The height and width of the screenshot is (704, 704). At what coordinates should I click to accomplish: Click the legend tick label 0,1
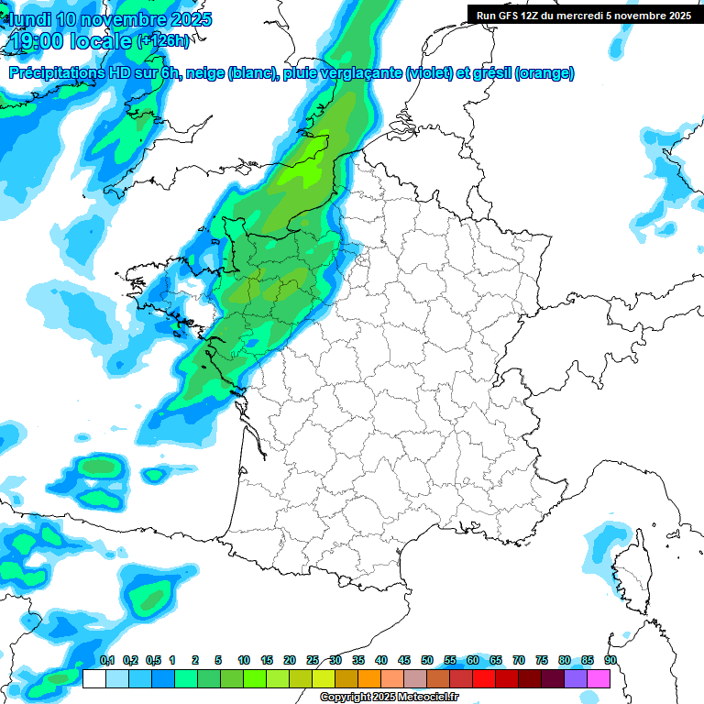pyautogui.click(x=107, y=660)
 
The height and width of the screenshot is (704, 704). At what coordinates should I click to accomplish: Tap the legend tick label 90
pyautogui.click(x=610, y=660)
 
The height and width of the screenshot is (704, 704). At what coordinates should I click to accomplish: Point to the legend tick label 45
pyautogui.click(x=404, y=660)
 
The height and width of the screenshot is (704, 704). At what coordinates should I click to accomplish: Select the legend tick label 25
pyautogui.click(x=313, y=660)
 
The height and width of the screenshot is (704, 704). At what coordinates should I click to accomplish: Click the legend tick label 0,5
pyautogui.click(x=153, y=660)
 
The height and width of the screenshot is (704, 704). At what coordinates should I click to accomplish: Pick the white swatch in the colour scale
pyautogui.click(x=93, y=678)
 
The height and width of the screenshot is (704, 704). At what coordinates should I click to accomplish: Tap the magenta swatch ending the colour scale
pyautogui.click(x=599, y=678)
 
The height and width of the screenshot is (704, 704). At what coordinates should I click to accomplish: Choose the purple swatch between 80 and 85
pyautogui.click(x=576, y=678)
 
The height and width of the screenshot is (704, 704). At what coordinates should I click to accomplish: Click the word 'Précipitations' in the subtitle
pyautogui.click(x=53, y=73)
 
